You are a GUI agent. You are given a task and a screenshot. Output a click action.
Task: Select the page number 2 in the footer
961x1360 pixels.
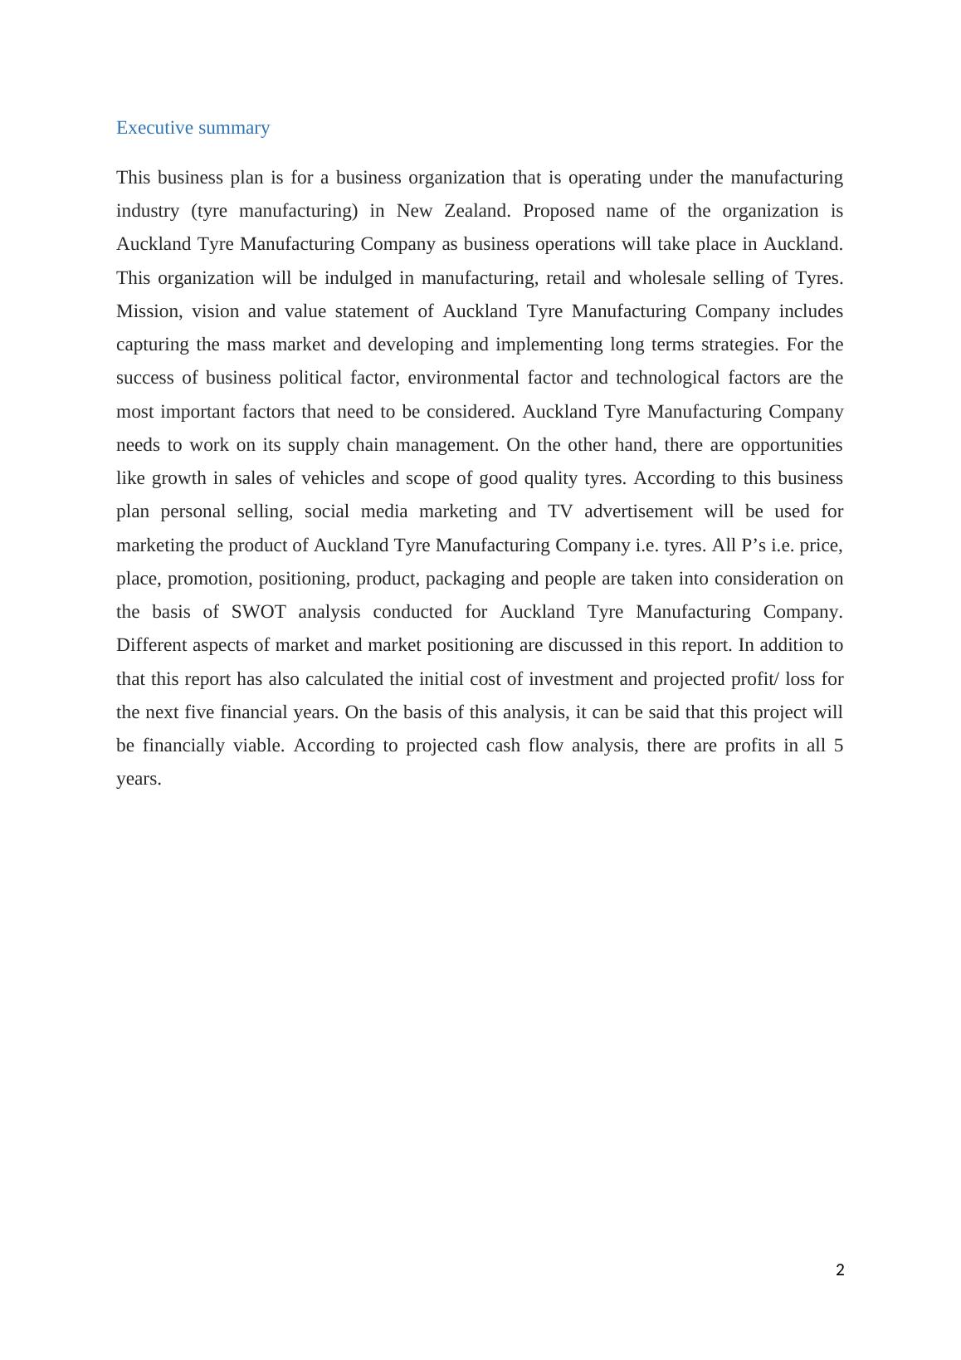(840, 1269)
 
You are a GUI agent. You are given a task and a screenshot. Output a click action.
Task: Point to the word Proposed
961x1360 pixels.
(559, 211)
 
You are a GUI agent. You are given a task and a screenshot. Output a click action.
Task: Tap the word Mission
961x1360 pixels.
(149, 311)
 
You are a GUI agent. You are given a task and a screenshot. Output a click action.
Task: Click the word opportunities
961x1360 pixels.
(791, 445)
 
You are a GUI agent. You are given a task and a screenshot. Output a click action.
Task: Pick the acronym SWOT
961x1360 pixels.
(258, 612)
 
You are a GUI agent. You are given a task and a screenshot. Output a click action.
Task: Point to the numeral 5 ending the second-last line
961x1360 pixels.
(838, 746)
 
